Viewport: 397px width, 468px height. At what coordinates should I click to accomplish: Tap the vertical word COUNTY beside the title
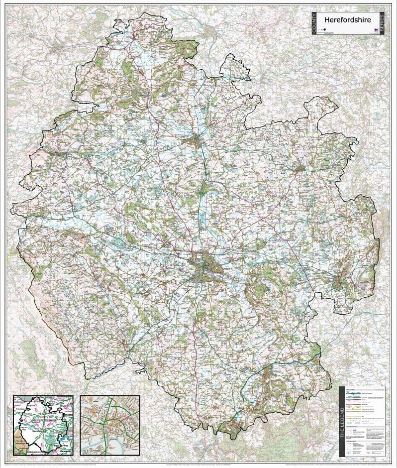pos(314,23)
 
